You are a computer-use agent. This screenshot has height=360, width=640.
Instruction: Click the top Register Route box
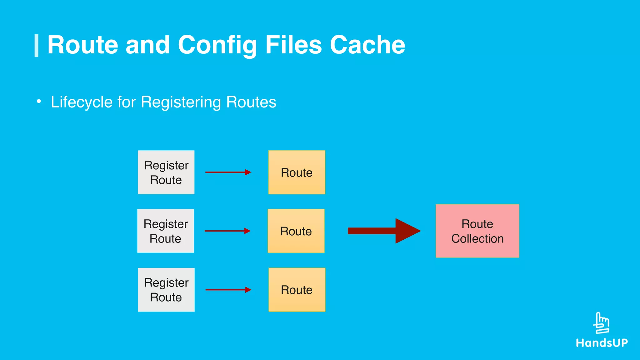[x=166, y=172]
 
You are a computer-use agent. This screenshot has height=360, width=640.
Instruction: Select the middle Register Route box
[x=165, y=231]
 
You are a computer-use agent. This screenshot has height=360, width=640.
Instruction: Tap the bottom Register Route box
[x=166, y=290]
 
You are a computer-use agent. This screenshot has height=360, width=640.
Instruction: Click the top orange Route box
[x=297, y=172]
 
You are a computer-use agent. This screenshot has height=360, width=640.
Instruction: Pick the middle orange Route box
[x=296, y=231]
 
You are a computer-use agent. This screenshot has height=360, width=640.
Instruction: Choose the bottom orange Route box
[x=297, y=290]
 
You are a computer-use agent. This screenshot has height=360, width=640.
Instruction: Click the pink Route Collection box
[x=477, y=231]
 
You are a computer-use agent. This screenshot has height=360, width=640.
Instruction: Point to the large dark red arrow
[x=384, y=231]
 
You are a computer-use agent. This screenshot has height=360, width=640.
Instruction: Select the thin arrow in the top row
[x=228, y=172]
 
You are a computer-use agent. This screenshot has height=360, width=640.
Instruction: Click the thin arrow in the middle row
[x=227, y=231]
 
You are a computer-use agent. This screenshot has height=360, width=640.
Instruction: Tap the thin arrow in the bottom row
[x=228, y=290]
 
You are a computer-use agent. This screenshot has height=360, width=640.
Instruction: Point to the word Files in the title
[x=293, y=45]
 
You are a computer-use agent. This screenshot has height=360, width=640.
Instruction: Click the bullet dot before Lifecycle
[x=39, y=101]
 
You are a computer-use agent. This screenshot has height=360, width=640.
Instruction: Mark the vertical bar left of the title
[x=37, y=46]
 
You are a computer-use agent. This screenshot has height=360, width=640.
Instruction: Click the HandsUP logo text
[x=602, y=343]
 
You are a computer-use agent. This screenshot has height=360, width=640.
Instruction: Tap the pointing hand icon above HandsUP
[x=601, y=323]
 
